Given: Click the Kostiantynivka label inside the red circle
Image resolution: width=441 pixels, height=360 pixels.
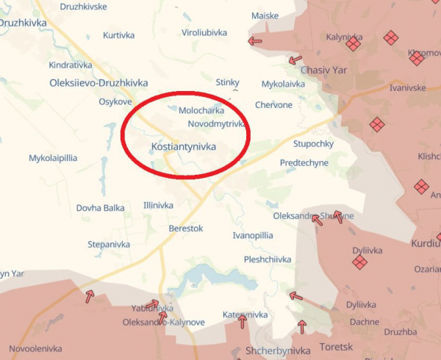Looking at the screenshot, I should [x=183, y=147].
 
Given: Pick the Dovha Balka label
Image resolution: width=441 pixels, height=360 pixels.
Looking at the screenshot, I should [x=100, y=208].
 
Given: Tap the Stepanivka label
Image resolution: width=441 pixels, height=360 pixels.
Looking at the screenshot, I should [x=109, y=244].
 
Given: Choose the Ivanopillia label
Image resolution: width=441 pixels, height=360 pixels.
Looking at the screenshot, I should [x=252, y=235].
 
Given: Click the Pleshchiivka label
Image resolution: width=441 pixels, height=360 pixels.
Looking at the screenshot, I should [x=268, y=259].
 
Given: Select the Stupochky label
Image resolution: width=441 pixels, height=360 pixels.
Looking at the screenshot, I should [x=314, y=143].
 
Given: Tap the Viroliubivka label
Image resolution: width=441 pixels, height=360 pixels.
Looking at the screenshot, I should [x=204, y=33].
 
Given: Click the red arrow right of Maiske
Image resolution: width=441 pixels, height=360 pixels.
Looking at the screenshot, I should [x=255, y=41].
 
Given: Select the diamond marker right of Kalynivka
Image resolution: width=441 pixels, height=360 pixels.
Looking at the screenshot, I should [x=354, y=43].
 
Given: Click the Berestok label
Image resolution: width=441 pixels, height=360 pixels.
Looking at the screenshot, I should [x=185, y=228].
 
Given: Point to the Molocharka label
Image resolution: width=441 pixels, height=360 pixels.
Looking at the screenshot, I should [x=201, y=110].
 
